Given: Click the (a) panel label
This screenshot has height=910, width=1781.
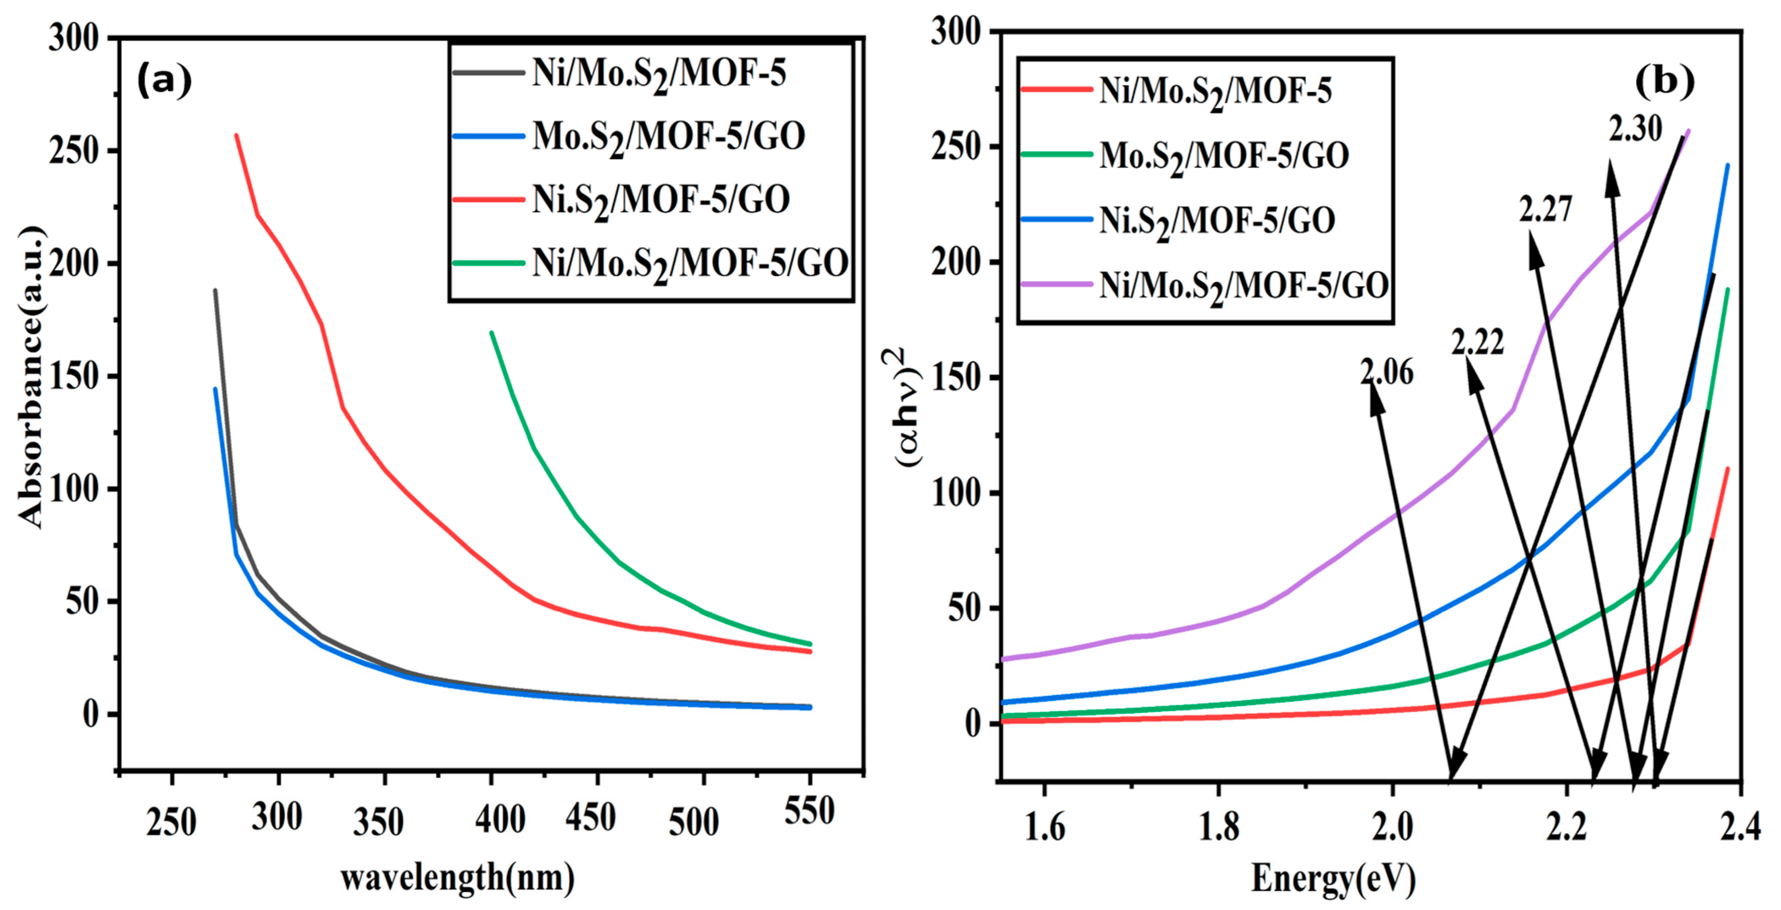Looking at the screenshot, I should coord(164,81).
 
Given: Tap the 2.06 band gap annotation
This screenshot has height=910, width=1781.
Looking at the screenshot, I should coord(1387,373).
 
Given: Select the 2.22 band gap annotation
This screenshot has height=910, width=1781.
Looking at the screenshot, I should coord(1478,342).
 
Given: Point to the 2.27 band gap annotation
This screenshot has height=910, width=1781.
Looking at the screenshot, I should coord(1546,209).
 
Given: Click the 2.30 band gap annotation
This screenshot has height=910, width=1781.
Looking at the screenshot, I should coord(1635,129).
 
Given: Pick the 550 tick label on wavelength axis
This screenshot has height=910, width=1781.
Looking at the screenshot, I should coord(809,811).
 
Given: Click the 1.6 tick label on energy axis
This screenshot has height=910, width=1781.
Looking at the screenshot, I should coord(1044,827).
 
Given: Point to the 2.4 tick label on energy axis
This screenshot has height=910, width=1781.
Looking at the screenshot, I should coord(1740,827).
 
